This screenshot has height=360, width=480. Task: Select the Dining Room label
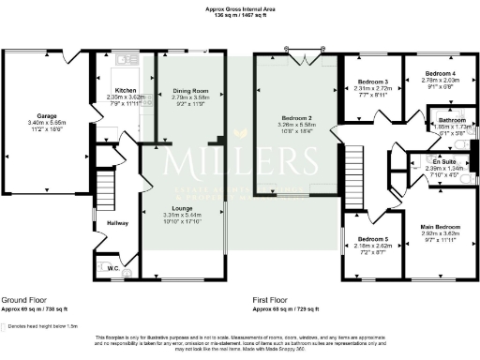click(x=189, y=91)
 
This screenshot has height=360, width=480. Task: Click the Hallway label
click(x=117, y=223)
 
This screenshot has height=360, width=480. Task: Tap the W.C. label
click(x=112, y=268)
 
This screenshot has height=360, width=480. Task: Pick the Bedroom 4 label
click(x=440, y=73)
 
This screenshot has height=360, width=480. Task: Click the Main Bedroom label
click(x=440, y=227)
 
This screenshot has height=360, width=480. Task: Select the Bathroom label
click(x=453, y=120)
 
